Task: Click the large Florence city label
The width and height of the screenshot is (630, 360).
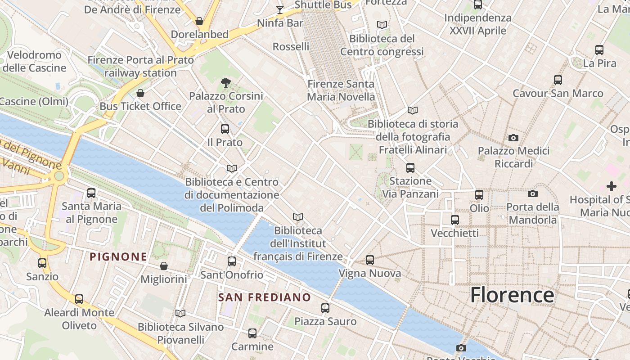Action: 512,295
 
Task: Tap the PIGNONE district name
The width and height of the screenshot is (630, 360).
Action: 118,257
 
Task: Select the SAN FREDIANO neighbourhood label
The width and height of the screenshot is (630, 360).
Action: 265,297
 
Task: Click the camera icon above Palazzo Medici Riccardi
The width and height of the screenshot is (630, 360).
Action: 513,138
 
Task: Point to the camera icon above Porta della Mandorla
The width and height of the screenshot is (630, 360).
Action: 533,194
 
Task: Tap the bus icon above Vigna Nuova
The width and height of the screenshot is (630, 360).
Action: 369,260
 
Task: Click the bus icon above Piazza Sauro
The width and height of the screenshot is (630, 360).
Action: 325,308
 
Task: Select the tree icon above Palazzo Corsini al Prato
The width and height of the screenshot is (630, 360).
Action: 226,82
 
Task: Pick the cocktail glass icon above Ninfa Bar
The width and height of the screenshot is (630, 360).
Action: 280,9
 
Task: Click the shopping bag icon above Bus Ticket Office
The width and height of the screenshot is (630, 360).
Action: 140,93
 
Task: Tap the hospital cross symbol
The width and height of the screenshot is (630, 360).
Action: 612,186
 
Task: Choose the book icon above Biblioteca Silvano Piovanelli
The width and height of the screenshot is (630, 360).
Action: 180,313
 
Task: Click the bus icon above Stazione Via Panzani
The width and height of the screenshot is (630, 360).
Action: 410,168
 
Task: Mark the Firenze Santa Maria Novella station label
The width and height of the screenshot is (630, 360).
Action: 341,90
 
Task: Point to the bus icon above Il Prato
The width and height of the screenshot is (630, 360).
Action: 225,129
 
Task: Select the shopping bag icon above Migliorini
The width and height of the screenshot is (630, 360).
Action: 164,266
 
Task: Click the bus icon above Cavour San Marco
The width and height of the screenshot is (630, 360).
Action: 558,80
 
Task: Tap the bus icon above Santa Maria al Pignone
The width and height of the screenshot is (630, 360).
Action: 91,193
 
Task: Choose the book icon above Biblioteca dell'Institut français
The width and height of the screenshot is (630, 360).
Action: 297,217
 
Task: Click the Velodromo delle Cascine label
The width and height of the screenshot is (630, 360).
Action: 34,62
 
